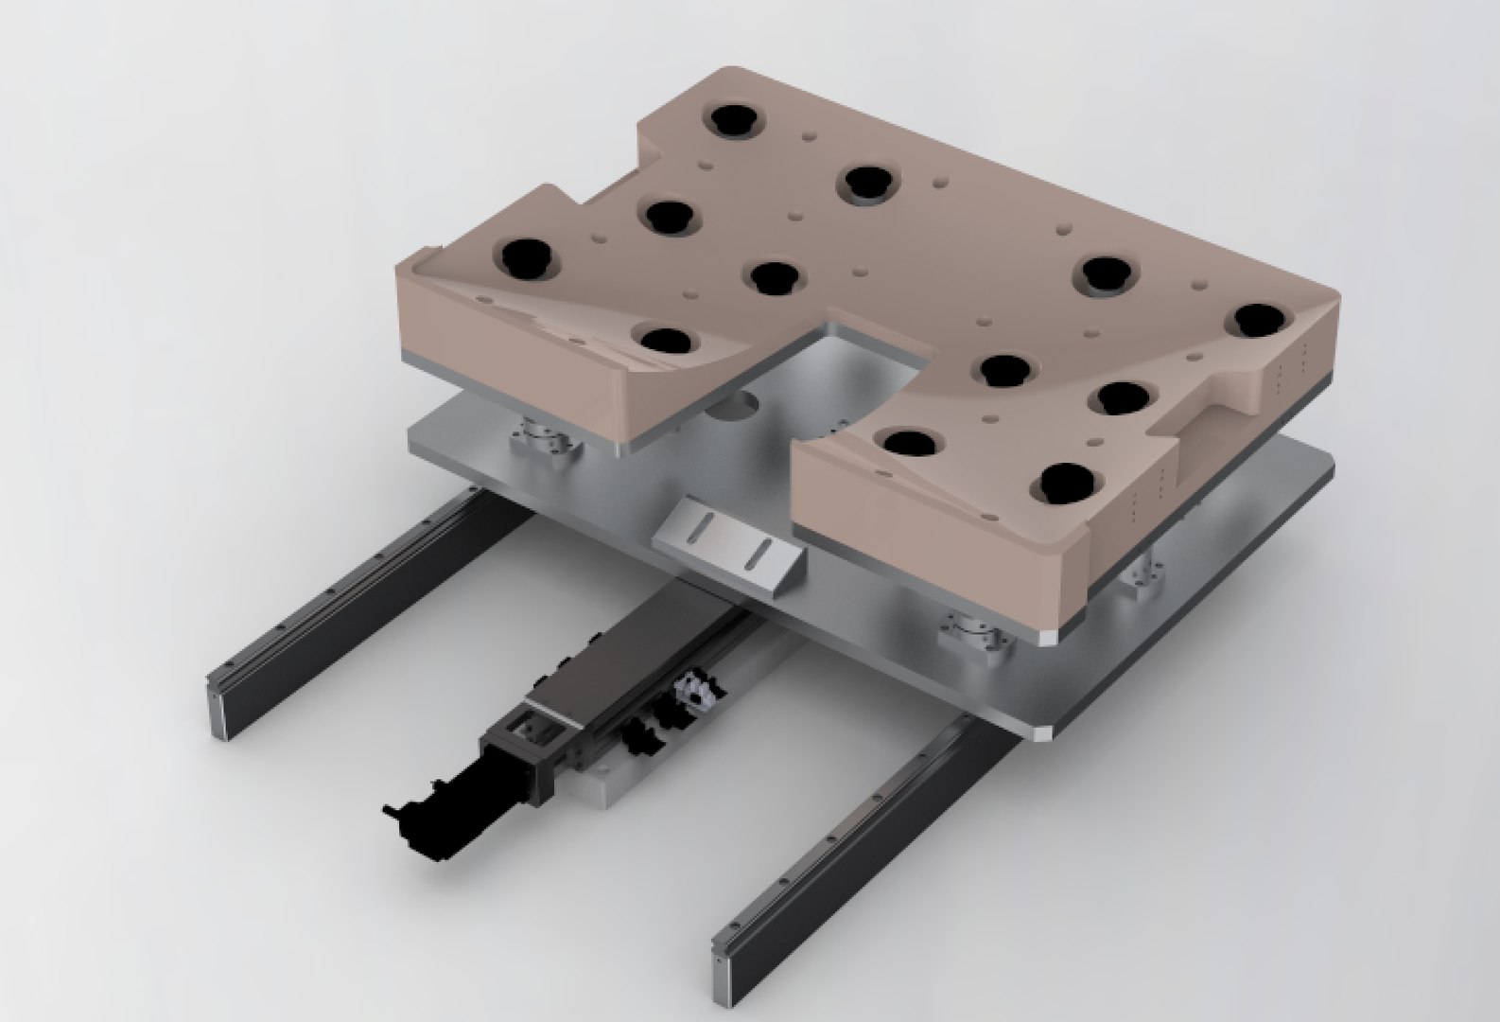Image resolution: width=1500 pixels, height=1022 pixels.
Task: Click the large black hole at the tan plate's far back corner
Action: (729, 120)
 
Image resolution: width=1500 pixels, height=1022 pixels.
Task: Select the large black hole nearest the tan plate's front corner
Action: (1067, 483)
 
